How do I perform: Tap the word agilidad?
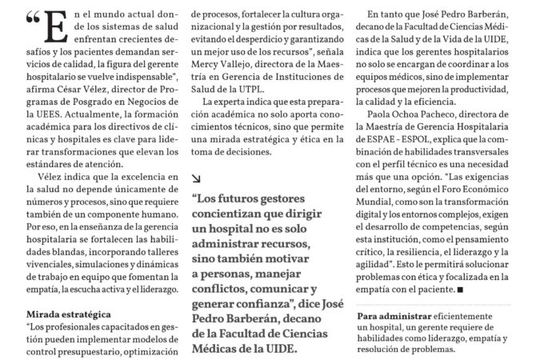click(x=386, y=263)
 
